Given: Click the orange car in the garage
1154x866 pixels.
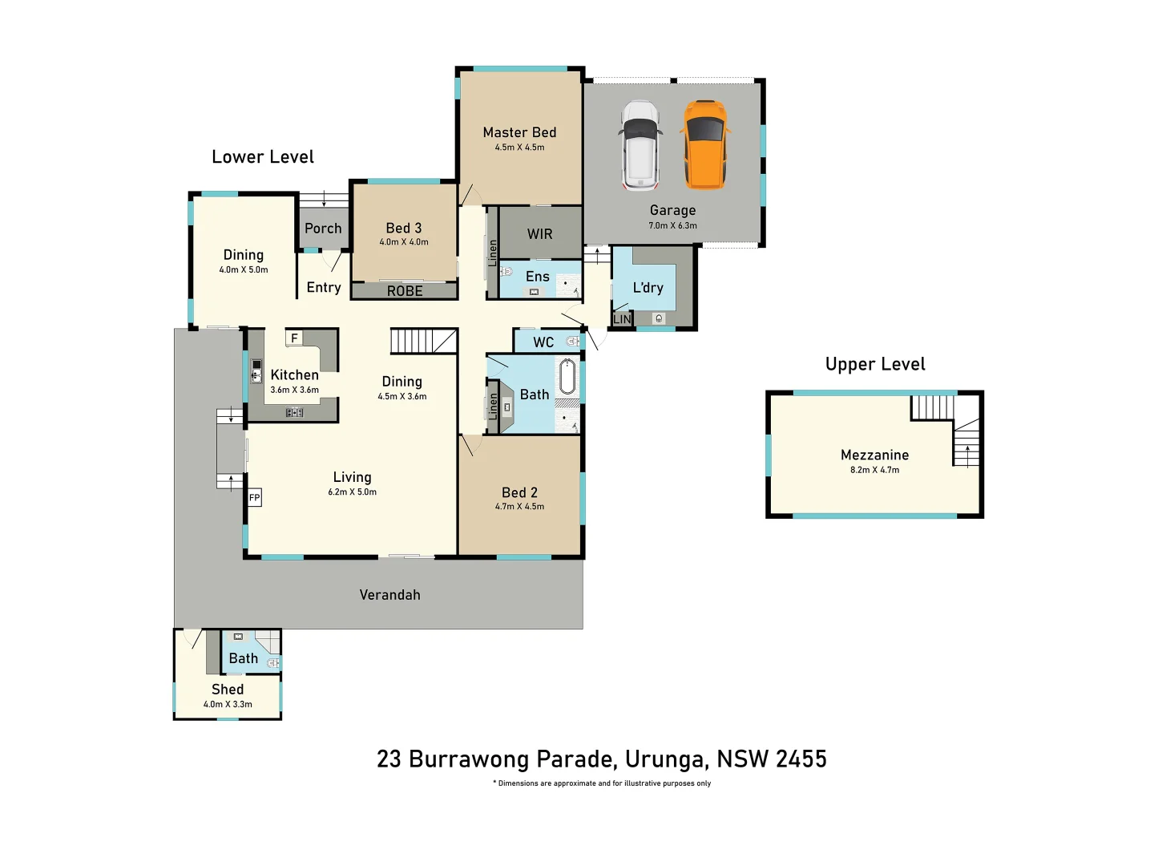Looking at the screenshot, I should pyautogui.click(x=705, y=144).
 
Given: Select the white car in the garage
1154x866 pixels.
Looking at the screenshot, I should pyautogui.click(x=640, y=145).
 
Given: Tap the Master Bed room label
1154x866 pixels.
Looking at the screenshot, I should pyautogui.click(x=519, y=132).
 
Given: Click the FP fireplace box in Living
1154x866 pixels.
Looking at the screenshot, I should pyautogui.click(x=254, y=498).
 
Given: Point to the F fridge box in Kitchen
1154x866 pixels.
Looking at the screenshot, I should pyautogui.click(x=294, y=338).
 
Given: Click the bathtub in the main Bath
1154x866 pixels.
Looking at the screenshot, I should pyautogui.click(x=567, y=377).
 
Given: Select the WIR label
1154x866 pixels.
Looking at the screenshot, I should pyautogui.click(x=539, y=234).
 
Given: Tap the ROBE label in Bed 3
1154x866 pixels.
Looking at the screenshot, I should pyautogui.click(x=405, y=291).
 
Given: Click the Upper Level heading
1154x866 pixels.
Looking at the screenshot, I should pyautogui.click(x=875, y=364).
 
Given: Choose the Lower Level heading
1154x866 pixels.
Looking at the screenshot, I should pyautogui.click(x=263, y=157).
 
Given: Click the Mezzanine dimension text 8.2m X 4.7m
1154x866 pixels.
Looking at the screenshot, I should pyautogui.click(x=874, y=470).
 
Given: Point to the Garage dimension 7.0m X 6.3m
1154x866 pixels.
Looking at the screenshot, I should pyautogui.click(x=672, y=225).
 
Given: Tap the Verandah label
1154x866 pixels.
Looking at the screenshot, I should pyautogui.click(x=389, y=595).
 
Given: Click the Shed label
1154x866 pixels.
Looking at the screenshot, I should pyautogui.click(x=228, y=690).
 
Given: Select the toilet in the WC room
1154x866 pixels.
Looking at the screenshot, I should pyautogui.click(x=572, y=342).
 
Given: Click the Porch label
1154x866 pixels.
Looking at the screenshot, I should pyautogui.click(x=323, y=229).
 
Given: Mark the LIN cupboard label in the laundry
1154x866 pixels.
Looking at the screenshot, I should pyautogui.click(x=622, y=319).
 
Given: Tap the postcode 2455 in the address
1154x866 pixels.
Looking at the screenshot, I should pyautogui.click(x=801, y=759).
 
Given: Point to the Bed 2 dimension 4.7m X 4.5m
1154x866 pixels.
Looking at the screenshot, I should pyautogui.click(x=519, y=507).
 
